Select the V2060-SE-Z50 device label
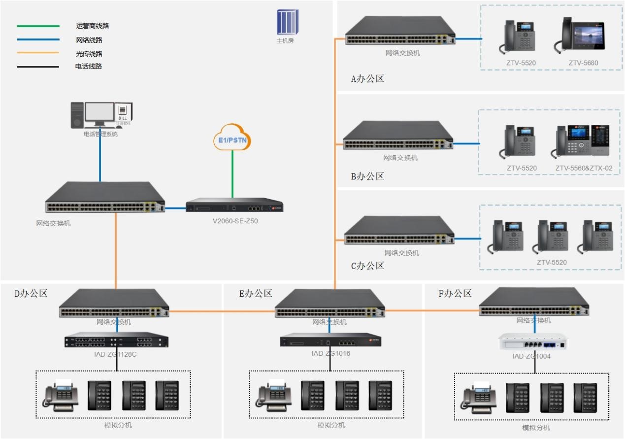click(235, 221)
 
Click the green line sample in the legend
click(38, 26)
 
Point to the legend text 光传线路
click(89, 54)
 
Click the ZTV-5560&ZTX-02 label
click(584, 168)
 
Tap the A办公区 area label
click(367, 79)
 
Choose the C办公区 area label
click(367, 266)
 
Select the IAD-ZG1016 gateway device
click(330, 340)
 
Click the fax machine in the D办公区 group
click(60, 396)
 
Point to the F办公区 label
click(455, 294)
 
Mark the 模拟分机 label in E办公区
click(331, 425)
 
